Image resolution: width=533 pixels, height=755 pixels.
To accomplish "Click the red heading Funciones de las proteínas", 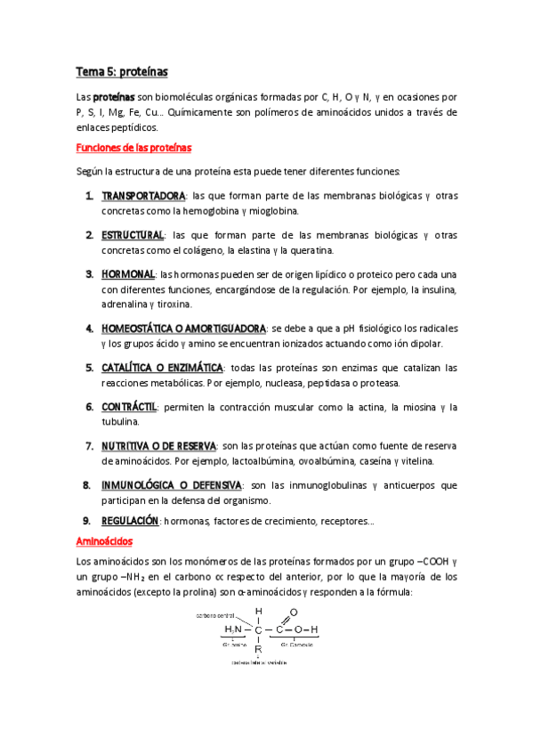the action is click(133, 147).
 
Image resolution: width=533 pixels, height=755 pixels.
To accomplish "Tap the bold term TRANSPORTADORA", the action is click(143, 196).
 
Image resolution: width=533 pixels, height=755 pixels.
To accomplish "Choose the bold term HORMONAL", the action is click(128, 274).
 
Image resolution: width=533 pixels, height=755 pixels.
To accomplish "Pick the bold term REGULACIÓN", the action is click(130, 520).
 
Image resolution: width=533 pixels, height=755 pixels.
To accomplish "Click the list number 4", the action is click(90, 329).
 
